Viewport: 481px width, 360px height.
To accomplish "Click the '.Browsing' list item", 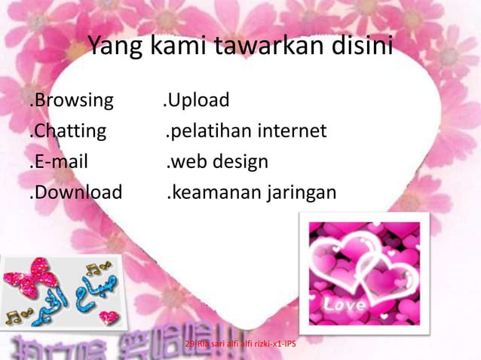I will [x=72, y=100].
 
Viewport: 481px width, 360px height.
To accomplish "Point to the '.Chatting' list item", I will [x=68, y=132].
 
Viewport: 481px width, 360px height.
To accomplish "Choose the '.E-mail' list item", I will [x=59, y=163].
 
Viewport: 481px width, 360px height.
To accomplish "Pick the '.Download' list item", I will [x=75, y=194].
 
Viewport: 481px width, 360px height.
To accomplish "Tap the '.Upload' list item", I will [x=197, y=100].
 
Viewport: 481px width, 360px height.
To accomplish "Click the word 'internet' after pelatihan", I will [x=293, y=132].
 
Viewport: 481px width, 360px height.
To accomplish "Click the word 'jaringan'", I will [x=300, y=194].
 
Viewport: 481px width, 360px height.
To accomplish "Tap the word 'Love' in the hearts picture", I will [x=345, y=305].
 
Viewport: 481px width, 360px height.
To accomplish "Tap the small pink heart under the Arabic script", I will [x=109, y=317].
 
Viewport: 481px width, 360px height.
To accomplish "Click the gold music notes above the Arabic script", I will [x=96, y=267].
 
